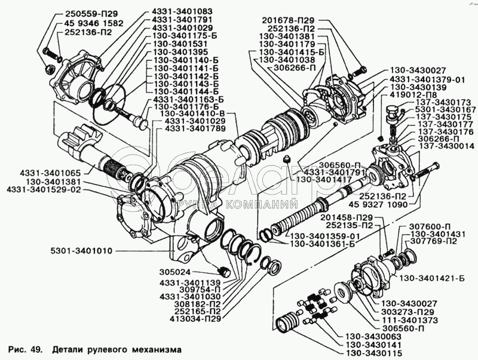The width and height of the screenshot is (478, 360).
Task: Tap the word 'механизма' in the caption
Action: tap(152, 348)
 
